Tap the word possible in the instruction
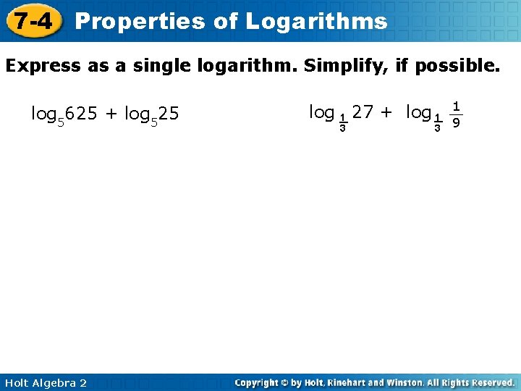point(459,67)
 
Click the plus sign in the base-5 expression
point(112,114)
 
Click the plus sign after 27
point(388,112)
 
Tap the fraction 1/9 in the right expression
point(455,114)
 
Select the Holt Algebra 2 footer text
point(45,382)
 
